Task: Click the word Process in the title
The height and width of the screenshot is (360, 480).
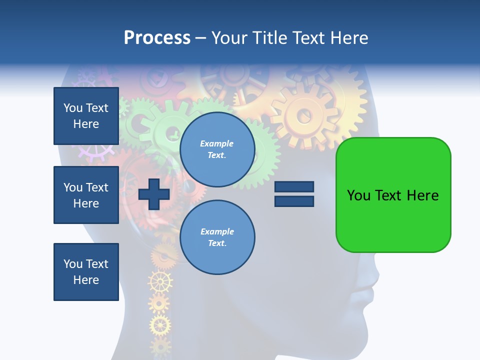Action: [x=157, y=38]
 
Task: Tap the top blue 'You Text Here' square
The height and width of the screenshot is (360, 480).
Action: [x=86, y=116]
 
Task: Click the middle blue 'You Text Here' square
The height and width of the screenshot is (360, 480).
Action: [x=86, y=195]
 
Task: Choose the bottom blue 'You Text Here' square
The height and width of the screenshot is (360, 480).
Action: [x=86, y=272]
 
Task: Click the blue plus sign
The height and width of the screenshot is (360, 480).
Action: [x=154, y=194]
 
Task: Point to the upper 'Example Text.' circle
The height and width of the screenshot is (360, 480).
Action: [x=217, y=149]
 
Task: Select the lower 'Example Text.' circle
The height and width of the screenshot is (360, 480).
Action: [x=217, y=237]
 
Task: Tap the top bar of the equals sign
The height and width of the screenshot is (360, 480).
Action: [x=294, y=187]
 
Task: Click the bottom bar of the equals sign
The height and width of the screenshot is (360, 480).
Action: [x=294, y=201]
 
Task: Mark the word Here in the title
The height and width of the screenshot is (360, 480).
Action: [x=350, y=38]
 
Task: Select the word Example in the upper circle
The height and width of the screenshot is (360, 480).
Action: [x=216, y=144]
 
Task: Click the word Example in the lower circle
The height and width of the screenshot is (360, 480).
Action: [x=217, y=232]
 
